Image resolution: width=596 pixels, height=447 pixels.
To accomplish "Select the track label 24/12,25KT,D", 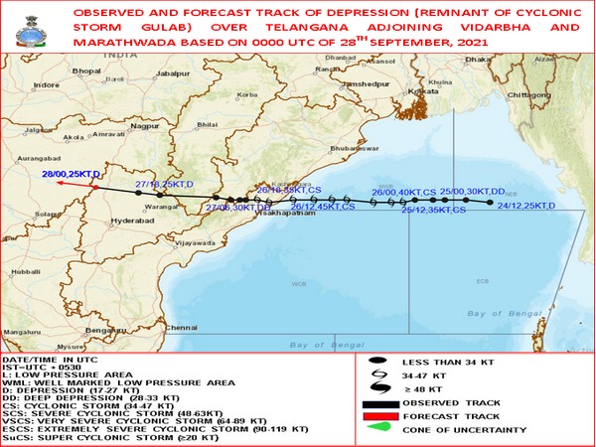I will [525, 206].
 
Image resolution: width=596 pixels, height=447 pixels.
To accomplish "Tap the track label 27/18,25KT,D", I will [163, 185].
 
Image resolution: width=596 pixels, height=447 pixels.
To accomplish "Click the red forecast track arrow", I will [74, 184].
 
